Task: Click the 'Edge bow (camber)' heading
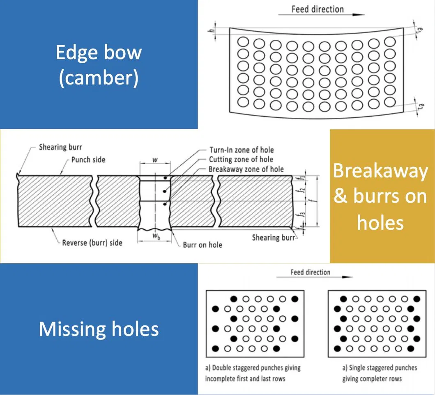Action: (x=99, y=65)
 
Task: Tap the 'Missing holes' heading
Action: (x=99, y=329)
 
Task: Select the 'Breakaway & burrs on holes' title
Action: (x=380, y=196)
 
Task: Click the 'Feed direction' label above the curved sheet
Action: (x=318, y=9)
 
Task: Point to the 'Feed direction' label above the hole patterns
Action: (x=310, y=272)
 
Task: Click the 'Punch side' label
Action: (x=88, y=160)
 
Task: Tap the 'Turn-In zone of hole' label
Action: (x=242, y=150)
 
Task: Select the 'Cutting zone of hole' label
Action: (x=241, y=160)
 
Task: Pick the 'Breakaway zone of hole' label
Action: (x=246, y=169)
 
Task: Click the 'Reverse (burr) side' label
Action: (x=92, y=243)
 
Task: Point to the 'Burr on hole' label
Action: (x=203, y=245)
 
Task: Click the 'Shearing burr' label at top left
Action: (x=60, y=147)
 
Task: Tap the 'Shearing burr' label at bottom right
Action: (x=273, y=237)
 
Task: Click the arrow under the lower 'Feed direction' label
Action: (x=314, y=277)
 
